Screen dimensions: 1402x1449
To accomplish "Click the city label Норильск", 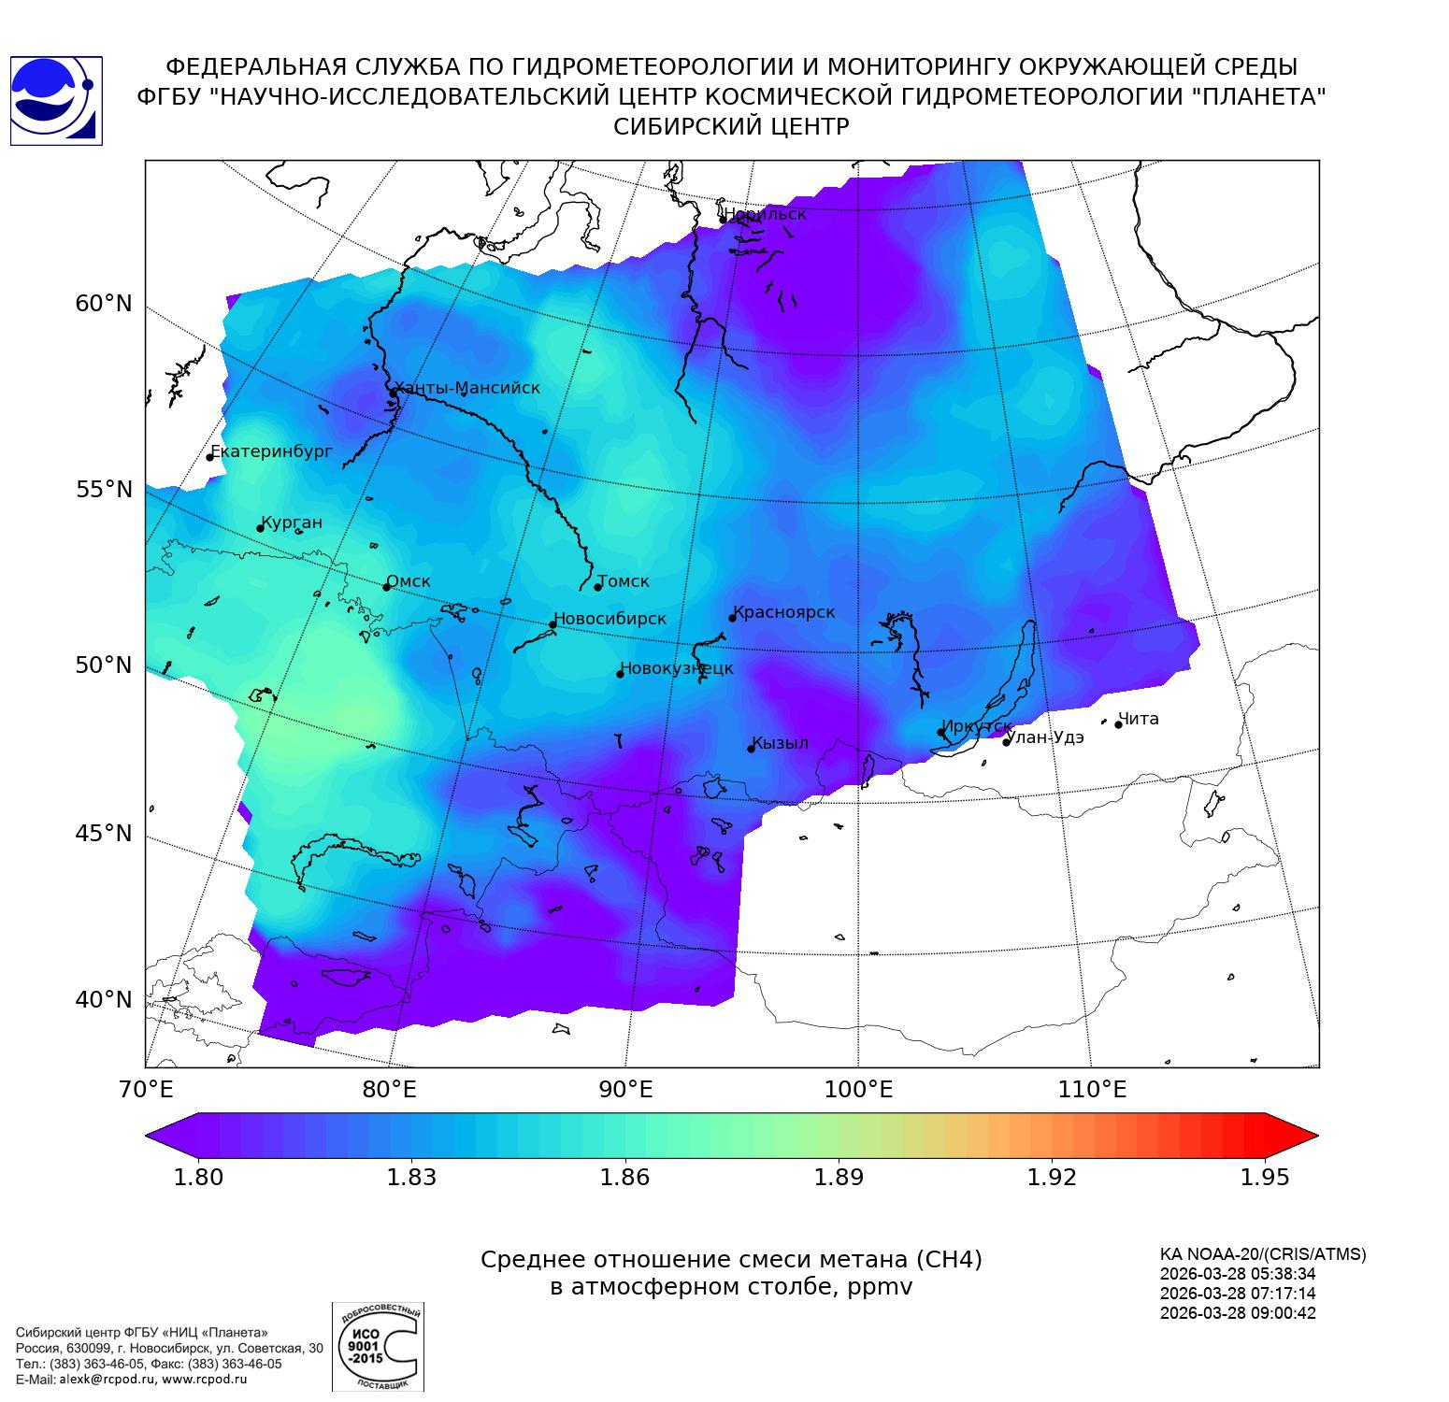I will pos(765,214).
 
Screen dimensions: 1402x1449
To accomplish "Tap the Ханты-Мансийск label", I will pos(467,388).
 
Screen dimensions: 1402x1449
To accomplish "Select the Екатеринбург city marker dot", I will pos(210,457).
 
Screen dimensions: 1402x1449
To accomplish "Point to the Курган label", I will pos(292,522).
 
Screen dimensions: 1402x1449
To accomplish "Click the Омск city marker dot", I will pos(386,587).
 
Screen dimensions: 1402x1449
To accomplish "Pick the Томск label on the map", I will pos(624,581).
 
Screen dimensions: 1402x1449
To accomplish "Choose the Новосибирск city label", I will pos(610,619).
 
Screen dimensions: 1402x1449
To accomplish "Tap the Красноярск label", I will pos(784,612).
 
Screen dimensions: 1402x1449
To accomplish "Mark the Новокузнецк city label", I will pos(677,668).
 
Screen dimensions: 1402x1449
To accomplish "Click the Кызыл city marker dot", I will pos(751,749).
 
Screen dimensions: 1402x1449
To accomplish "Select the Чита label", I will pos(1139,719).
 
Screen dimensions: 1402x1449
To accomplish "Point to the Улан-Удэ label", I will pos(1048,737).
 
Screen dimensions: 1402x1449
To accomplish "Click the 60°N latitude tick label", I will pos(104,304).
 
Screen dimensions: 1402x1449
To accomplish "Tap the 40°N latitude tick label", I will pos(104,1000).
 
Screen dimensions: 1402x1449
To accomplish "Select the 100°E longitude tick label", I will pos(859,1090).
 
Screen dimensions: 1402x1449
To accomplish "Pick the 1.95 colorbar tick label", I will pos(1264,1178).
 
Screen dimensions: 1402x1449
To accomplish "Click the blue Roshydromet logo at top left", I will pos(55,101).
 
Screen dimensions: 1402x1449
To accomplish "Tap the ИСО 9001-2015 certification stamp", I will pos(378,1347).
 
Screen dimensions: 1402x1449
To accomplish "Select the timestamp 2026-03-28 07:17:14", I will pos(1238,1294).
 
